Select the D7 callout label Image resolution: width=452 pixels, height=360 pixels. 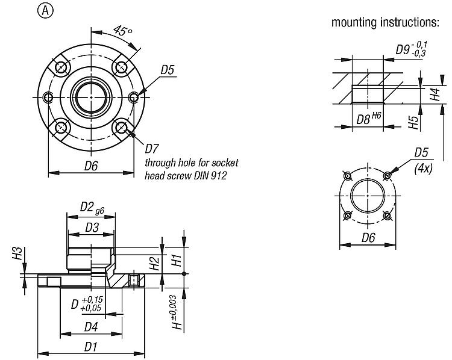[152, 147]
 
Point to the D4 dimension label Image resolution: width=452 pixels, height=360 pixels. [91, 327]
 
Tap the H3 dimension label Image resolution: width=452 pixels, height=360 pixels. [17, 253]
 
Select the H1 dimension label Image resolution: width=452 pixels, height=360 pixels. [177, 260]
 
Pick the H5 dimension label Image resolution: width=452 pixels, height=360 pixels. [413, 122]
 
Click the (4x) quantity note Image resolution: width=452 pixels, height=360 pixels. [424, 169]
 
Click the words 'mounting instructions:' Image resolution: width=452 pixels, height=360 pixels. [385, 23]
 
